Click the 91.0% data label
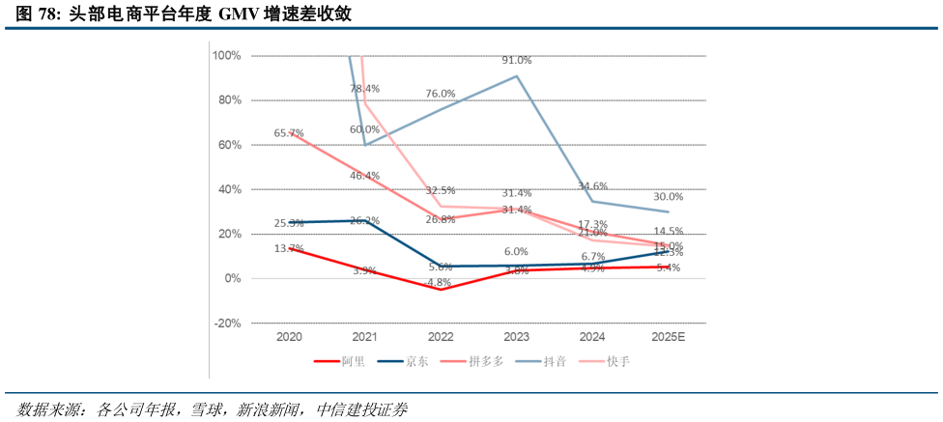[x=517, y=61]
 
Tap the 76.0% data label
[x=441, y=94]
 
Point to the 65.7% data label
[x=289, y=133]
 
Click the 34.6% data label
[x=592, y=186]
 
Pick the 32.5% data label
[x=441, y=191]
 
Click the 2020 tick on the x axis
[x=289, y=337]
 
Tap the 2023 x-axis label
[x=517, y=337]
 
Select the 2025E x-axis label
[x=668, y=337]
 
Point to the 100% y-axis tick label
[x=227, y=56]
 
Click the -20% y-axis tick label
[x=227, y=324]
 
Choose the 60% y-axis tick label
[x=230, y=145]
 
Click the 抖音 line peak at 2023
[x=517, y=75]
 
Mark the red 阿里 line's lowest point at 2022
[x=441, y=289]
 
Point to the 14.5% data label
[x=668, y=232]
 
